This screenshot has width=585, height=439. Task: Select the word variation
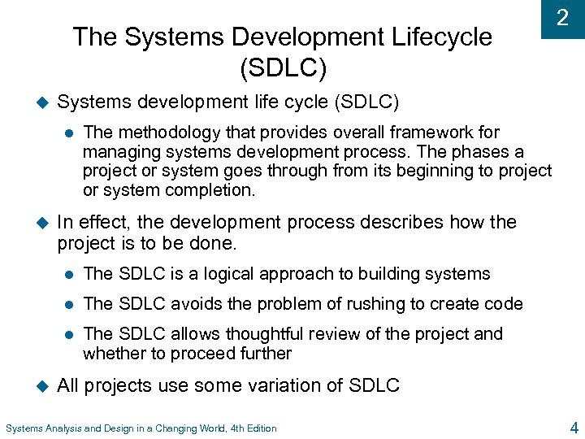280,385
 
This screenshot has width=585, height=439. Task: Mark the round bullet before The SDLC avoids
71,304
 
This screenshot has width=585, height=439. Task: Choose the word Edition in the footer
259,428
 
